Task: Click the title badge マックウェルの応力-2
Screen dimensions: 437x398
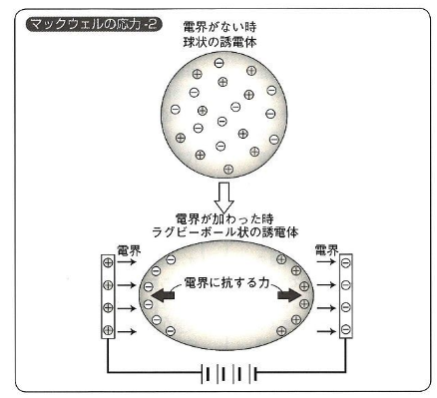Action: click(94, 25)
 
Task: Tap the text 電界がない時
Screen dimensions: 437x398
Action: click(219, 27)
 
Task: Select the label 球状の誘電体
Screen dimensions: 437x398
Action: click(219, 43)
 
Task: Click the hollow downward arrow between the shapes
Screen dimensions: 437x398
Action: click(223, 198)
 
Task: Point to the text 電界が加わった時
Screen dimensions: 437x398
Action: click(224, 219)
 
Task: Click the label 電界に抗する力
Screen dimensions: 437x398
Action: click(226, 282)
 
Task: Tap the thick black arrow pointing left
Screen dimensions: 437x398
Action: click(163, 295)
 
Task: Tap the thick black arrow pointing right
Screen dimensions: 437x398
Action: click(289, 295)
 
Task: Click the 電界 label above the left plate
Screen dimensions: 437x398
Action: click(129, 250)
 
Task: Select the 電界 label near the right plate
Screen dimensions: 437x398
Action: click(326, 250)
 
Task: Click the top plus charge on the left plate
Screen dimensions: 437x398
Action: click(108, 262)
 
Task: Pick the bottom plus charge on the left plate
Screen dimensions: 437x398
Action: click(108, 330)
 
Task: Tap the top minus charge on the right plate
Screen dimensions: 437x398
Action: click(346, 262)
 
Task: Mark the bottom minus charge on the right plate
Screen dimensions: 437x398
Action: click(346, 329)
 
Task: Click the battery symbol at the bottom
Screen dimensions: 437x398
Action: click(229, 373)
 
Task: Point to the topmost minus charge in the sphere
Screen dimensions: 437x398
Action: click(218, 63)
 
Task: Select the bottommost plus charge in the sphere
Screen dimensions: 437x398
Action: click(228, 169)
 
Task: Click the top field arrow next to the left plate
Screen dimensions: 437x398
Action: click(127, 262)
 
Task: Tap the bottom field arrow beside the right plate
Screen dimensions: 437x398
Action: click(326, 331)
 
